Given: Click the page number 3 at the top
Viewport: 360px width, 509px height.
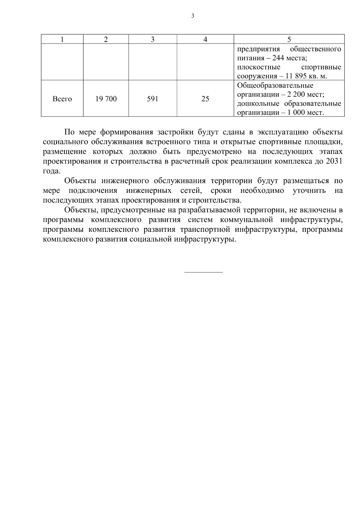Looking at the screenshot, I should coord(193,16).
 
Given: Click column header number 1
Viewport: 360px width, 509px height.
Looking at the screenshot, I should coord(62,39).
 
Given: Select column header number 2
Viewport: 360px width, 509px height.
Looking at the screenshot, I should coord(106,39).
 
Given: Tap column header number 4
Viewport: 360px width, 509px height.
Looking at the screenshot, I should coord(205,39).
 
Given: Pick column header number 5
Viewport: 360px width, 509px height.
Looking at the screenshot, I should coord(289,39).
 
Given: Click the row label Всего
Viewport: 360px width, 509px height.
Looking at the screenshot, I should coord(62,99).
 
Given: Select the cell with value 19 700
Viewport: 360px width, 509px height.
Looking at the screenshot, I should coord(106,99).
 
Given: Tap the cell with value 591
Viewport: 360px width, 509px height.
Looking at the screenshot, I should coord(153,99).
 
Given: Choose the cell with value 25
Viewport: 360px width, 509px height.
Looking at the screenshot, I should coord(205,99).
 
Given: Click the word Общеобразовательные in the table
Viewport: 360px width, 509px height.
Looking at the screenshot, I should coord(275,85).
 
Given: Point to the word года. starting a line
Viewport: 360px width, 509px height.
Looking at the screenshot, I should coord(52,171).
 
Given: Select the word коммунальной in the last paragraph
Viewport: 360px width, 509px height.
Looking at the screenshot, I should coord(246,220).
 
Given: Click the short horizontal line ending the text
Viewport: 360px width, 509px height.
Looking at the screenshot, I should coord(203,272).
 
